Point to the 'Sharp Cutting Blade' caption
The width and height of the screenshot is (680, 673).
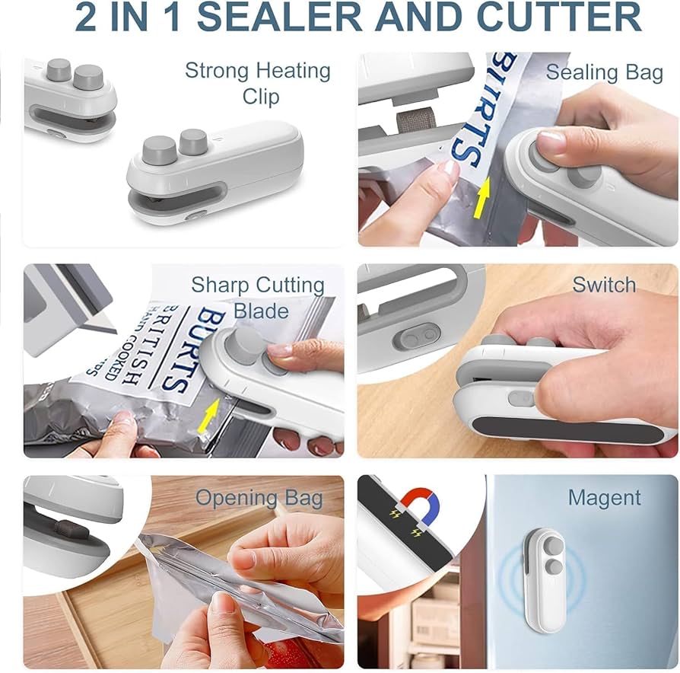pyautogui.click(x=258, y=298)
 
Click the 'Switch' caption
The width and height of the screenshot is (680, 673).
pyautogui.click(x=604, y=285)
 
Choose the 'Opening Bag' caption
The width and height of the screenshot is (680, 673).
pyautogui.click(x=259, y=499)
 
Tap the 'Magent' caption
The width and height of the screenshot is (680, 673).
pyautogui.click(x=604, y=499)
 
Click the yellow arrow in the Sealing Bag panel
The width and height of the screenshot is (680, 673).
pyautogui.click(x=482, y=202)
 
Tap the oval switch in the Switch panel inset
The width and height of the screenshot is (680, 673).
pyautogui.click(x=419, y=335)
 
